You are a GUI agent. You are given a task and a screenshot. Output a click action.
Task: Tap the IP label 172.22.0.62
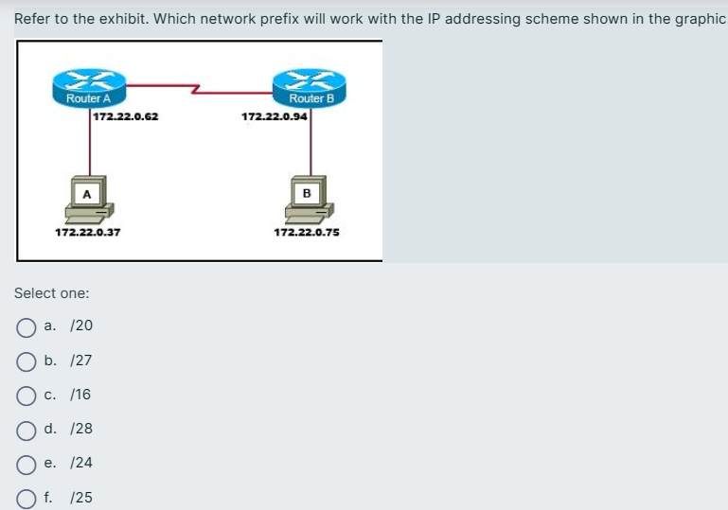pos(125,116)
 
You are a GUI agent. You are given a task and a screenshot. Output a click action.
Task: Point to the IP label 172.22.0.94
pos(275,116)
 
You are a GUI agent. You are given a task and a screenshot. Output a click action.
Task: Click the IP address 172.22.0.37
pos(87,232)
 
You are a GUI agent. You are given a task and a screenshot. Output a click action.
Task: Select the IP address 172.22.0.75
pos(307,232)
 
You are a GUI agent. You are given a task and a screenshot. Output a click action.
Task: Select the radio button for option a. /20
pos(26,326)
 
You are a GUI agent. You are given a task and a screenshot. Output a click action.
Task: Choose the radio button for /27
pos(26,361)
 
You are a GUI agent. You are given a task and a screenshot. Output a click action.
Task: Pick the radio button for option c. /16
pos(26,396)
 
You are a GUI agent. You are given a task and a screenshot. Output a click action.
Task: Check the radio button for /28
pos(26,430)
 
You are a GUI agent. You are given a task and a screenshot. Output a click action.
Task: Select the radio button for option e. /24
pos(26,464)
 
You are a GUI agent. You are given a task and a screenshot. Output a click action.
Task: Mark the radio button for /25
pos(26,498)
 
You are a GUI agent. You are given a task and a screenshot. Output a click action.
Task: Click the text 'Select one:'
pos(52,293)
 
